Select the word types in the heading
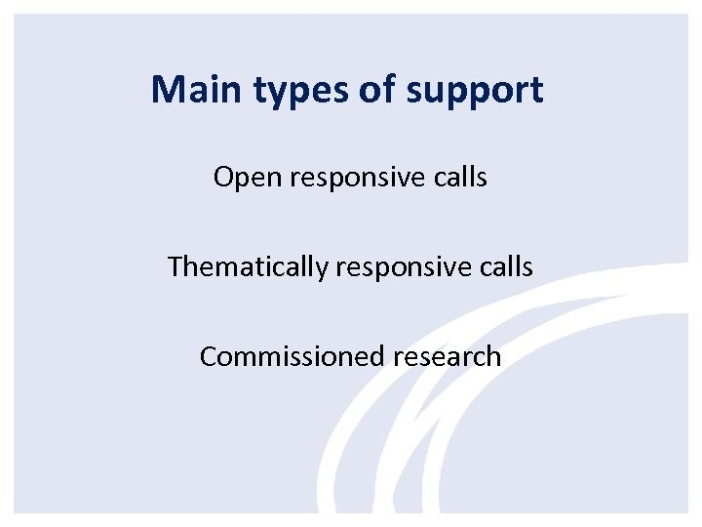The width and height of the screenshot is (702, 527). pyautogui.click(x=284, y=92)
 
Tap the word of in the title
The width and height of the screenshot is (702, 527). pyautogui.click(x=358, y=90)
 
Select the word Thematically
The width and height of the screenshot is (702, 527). pyautogui.click(x=248, y=266)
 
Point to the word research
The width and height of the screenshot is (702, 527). pyautogui.click(x=448, y=356)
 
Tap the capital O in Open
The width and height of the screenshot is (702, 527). pyautogui.click(x=223, y=178)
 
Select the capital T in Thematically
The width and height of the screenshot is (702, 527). pyautogui.click(x=175, y=265)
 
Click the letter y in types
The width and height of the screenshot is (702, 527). pyautogui.click(x=270, y=94)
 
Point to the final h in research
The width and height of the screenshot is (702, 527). pyautogui.click(x=494, y=355)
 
